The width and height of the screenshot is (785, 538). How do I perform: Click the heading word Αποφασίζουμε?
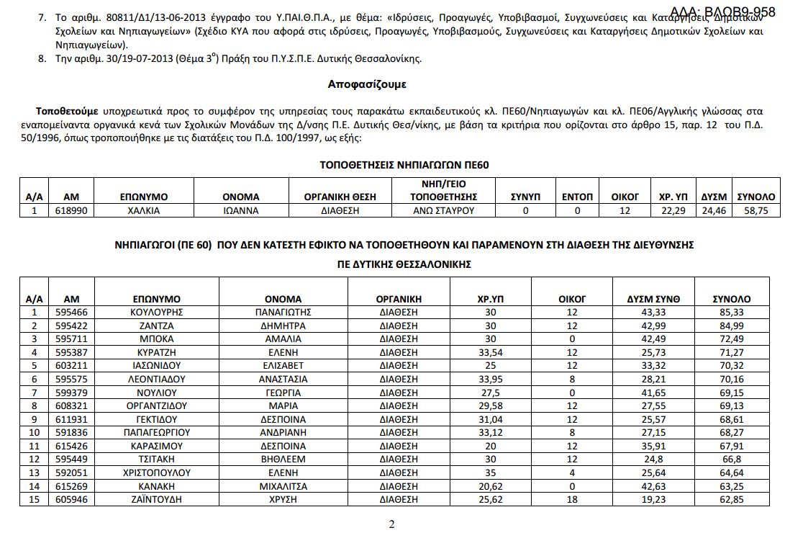367,84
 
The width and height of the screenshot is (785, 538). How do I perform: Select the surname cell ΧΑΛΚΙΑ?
144,210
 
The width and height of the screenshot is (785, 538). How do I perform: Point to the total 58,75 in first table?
755,210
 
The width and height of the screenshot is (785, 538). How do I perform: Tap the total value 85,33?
731,312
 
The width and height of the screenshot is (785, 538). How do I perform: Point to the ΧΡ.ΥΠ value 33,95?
491,379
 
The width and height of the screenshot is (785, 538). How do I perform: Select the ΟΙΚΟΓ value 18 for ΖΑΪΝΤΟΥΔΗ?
572,499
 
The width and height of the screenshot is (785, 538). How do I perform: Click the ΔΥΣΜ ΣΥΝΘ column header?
653,298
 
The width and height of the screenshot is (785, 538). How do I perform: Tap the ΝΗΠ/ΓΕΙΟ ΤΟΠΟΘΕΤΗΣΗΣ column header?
444,189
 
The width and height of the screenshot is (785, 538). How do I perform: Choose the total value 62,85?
731,499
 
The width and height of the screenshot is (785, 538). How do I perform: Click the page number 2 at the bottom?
391,524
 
